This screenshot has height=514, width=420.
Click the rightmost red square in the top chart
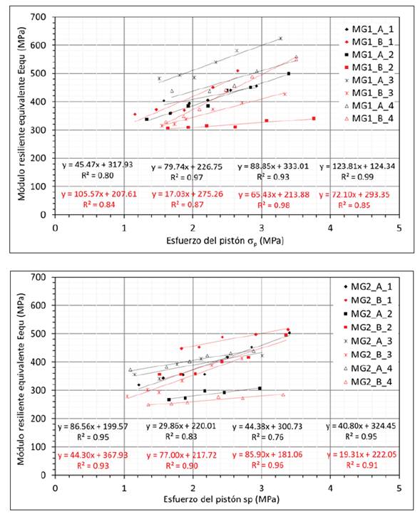(314, 119)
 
